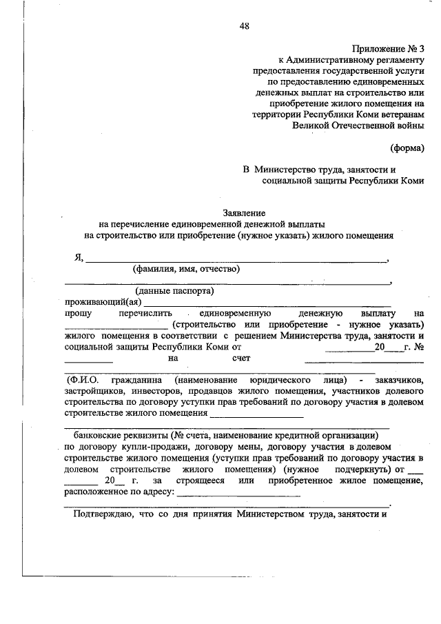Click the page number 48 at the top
pos(245,27)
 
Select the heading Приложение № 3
pos(389,48)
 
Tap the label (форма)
pos(408,148)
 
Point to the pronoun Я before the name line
pos(79,258)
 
